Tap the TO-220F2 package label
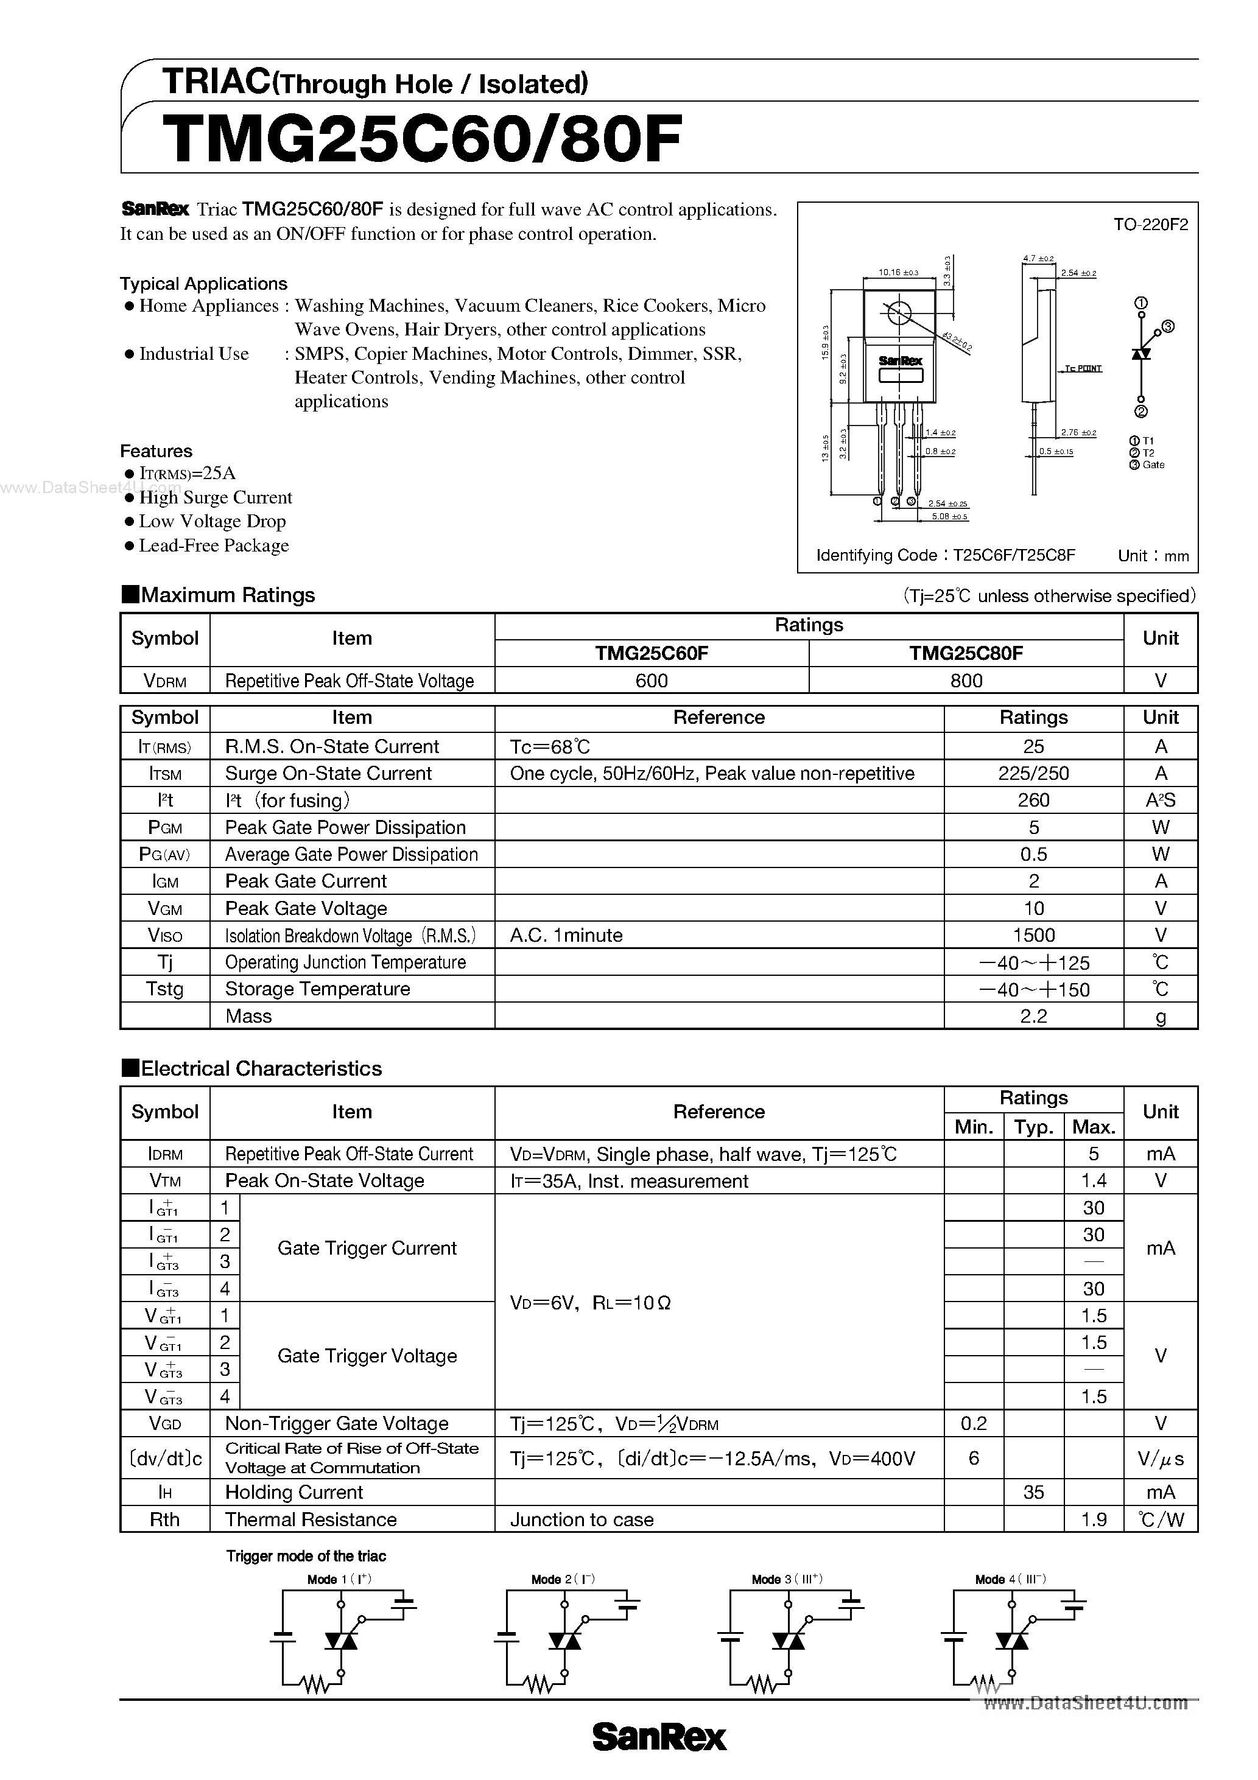point(1150,225)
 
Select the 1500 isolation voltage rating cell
point(1033,935)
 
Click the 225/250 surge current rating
point(1033,773)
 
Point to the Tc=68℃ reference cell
point(550,746)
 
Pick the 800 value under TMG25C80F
point(966,681)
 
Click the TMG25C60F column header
point(652,654)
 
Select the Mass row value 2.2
point(1033,1017)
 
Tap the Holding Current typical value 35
point(1033,1493)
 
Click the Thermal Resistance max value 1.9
point(1094,1519)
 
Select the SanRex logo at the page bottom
point(659,1737)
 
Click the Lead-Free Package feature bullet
point(213,546)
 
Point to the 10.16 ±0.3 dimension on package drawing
point(898,273)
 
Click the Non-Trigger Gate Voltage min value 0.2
point(974,1423)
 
